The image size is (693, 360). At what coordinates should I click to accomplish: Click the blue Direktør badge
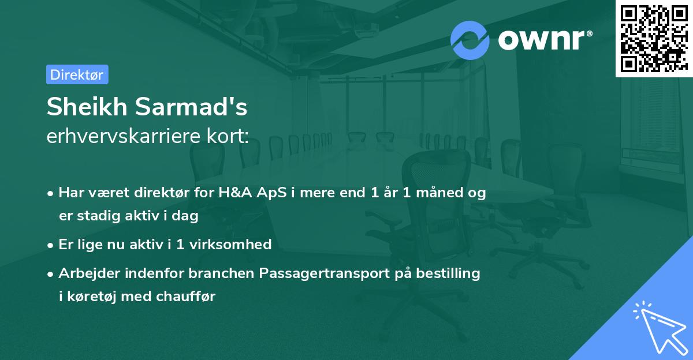pos(77,74)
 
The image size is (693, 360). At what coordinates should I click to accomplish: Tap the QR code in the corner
pos(654,39)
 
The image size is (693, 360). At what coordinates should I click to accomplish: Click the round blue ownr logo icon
pos(470,40)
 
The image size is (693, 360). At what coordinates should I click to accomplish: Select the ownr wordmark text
pos(541,40)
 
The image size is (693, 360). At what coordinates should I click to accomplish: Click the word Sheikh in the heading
pos(87,106)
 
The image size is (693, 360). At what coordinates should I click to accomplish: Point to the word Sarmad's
pos(191,106)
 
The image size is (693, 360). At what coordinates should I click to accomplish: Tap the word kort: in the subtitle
pos(228,136)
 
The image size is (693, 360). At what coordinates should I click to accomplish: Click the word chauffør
pos(185,296)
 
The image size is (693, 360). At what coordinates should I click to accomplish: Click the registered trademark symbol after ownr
pos(589,33)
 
